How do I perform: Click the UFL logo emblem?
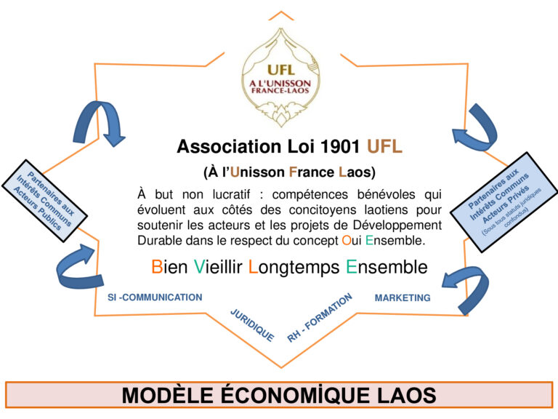coord(280,78)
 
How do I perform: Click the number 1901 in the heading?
coord(340,146)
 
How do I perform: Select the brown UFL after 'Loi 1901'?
coord(384,146)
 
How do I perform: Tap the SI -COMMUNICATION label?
coord(155,297)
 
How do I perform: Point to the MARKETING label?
coord(403,298)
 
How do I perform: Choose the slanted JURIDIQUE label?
coord(252,325)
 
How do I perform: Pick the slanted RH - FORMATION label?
coord(320,318)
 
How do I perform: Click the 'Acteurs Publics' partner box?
coord(44,201)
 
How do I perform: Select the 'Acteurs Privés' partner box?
coord(504,202)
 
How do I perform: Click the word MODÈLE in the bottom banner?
coord(168,396)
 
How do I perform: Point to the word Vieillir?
coord(218,267)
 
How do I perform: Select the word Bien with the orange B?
coord(169,267)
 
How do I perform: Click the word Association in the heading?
coord(229,146)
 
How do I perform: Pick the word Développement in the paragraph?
coord(397,226)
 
